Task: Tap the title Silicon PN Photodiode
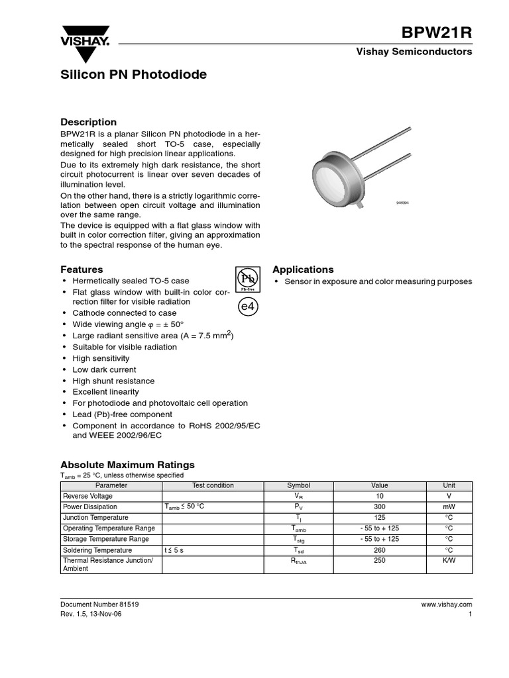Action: coord(133,75)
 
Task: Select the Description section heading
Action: coord(88,122)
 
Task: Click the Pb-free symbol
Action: coord(247,279)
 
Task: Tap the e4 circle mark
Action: coord(247,308)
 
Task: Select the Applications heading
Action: coord(303,269)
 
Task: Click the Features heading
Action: coord(82,269)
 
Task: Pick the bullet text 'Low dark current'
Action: coord(104,369)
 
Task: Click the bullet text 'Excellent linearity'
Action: coord(105,392)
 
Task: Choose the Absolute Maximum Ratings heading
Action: coord(127,465)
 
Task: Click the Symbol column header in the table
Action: coord(298,485)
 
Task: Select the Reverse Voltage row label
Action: coord(87,496)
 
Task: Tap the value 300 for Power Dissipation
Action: coord(380,507)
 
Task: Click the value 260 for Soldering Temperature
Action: coord(380,550)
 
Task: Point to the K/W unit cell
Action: coord(449,561)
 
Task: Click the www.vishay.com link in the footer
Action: coord(446,605)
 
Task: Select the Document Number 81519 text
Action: coord(99,605)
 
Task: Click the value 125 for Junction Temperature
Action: coord(380,517)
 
